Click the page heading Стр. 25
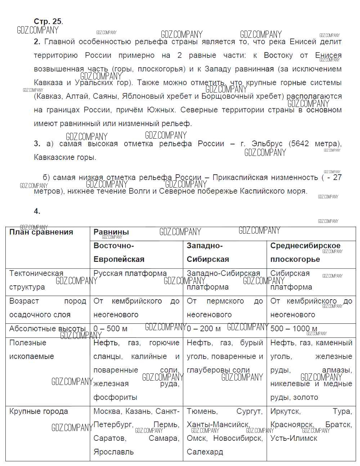[x=48, y=22]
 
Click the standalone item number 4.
[x=37, y=211]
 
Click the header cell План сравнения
[x=41, y=232]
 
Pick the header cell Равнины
[x=111, y=232]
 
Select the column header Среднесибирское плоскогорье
[x=305, y=252]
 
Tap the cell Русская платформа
[x=130, y=274]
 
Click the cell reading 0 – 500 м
[x=111, y=329]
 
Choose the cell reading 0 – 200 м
[x=203, y=329]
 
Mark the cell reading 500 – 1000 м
[x=294, y=329]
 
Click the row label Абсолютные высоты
[x=48, y=329]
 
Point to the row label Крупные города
[x=39, y=412]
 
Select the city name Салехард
[x=205, y=452]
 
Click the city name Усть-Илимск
[x=294, y=438]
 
